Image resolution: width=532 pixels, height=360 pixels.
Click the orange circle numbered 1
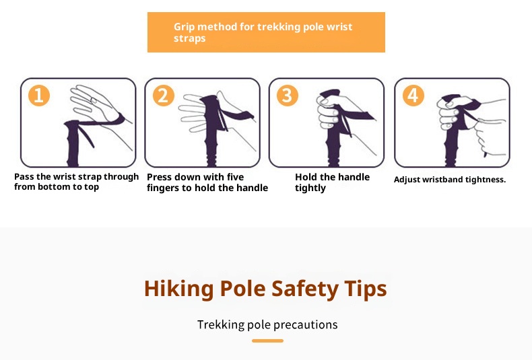click(38, 96)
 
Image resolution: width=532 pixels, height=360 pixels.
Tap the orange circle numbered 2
click(164, 96)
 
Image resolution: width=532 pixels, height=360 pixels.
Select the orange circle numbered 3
click(288, 96)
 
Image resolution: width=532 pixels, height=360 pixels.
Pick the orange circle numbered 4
click(413, 96)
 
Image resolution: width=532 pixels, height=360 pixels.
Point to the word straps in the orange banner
click(190, 39)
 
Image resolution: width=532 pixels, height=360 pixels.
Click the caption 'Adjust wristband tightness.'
click(449, 180)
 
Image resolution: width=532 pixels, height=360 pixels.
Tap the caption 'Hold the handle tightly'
click(332, 182)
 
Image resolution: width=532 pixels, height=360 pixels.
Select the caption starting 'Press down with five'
click(207, 182)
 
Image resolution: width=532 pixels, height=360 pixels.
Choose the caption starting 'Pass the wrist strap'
click(76, 182)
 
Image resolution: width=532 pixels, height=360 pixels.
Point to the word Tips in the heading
click(365, 289)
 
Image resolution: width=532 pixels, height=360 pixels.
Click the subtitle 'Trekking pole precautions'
click(267, 325)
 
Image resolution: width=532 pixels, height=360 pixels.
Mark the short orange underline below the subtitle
click(267, 341)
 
